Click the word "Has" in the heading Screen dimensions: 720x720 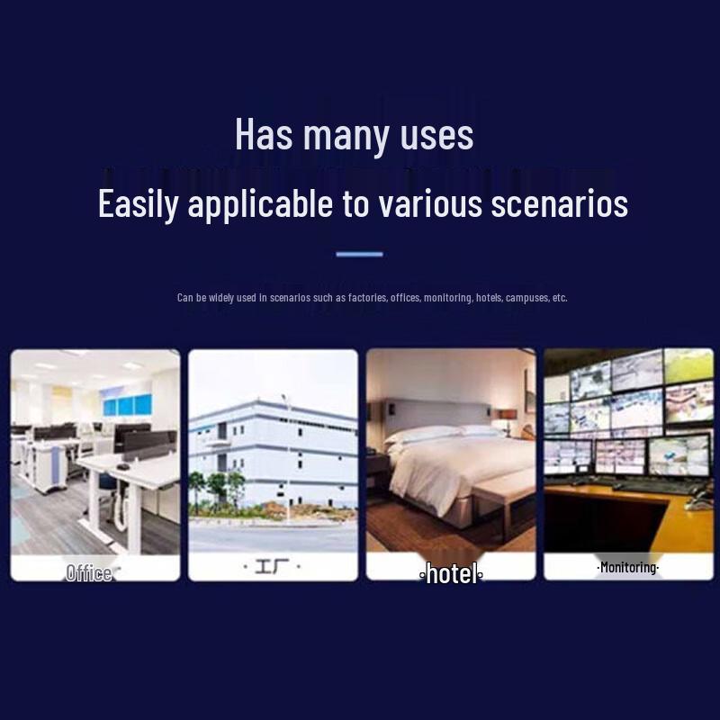[x=264, y=133]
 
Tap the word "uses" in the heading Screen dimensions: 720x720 [x=436, y=137]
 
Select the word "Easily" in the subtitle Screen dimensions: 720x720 [x=138, y=204]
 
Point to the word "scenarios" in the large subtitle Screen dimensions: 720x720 [x=559, y=204]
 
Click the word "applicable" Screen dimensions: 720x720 [x=260, y=204]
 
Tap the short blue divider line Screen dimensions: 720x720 [x=359, y=255]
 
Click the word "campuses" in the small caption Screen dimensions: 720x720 [x=527, y=298]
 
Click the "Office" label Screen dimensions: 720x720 [x=88, y=573]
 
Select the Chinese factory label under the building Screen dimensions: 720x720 [x=272, y=567]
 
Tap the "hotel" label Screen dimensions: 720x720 [x=452, y=574]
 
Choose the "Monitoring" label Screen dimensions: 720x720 [x=628, y=568]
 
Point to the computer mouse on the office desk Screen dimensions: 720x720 [x=122, y=466]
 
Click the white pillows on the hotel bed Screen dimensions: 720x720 [x=442, y=433]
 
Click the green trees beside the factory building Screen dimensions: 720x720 [x=217, y=488]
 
